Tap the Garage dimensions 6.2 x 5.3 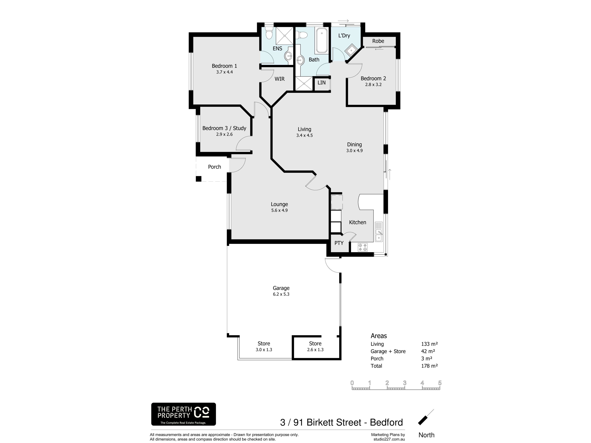pyautogui.click(x=281, y=294)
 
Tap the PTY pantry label pyautogui.click(x=339, y=243)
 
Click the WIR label pyautogui.click(x=279, y=79)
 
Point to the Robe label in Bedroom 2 pyautogui.click(x=378, y=41)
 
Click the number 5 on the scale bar pyautogui.click(x=440, y=383)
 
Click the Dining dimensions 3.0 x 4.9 pyautogui.click(x=355, y=151)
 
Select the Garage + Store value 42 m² pyautogui.click(x=428, y=351)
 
